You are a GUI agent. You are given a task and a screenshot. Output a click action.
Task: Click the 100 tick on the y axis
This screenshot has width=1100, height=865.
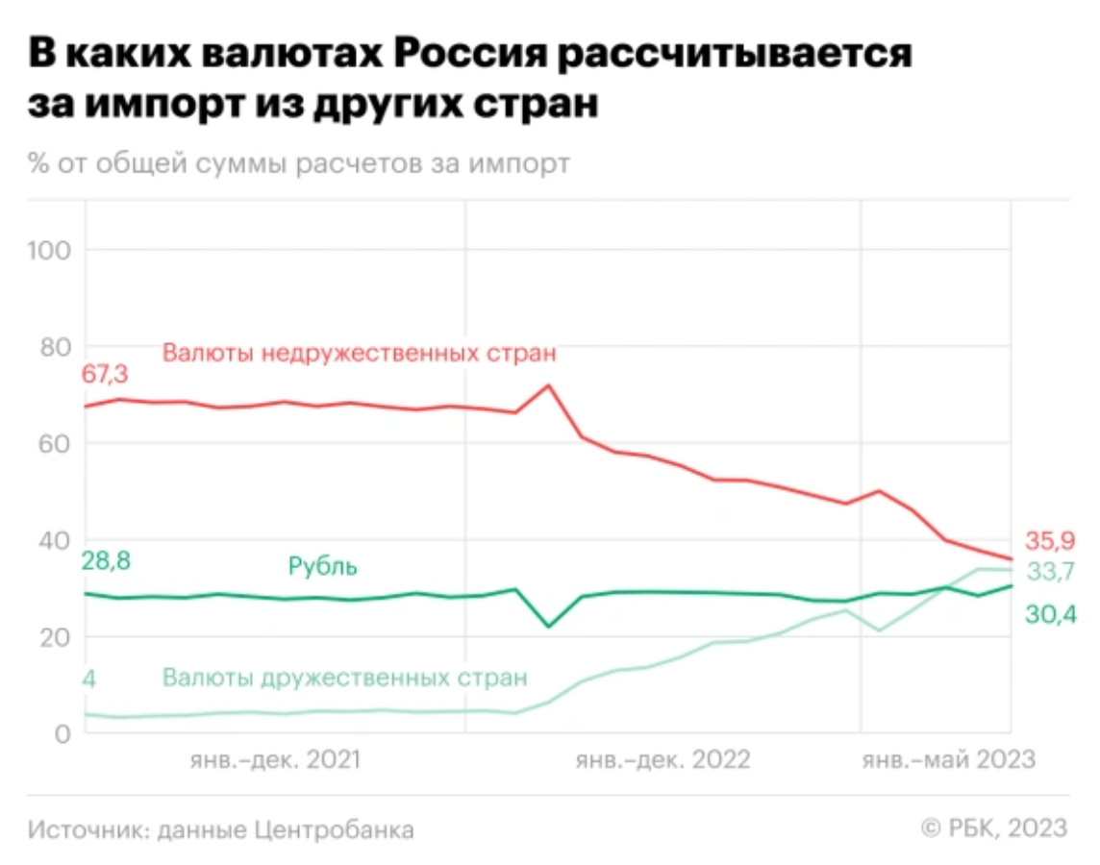(x=51, y=251)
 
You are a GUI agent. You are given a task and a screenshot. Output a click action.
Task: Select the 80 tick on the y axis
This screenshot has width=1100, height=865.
(x=57, y=347)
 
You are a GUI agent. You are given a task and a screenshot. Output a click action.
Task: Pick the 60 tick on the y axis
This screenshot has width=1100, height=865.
(x=57, y=444)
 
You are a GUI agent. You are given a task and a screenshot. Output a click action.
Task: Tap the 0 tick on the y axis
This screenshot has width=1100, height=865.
(x=63, y=733)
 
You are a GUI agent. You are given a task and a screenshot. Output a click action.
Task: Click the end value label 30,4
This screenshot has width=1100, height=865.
(x=1049, y=613)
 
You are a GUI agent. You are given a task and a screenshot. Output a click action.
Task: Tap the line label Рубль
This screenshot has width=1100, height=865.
(x=323, y=567)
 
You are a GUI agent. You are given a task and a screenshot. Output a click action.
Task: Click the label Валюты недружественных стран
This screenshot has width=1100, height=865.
(x=360, y=353)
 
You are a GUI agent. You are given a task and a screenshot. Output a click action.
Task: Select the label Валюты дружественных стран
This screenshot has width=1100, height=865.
(x=345, y=678)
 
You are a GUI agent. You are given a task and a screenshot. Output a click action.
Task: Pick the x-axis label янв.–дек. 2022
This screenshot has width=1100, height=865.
(x=662, y=760)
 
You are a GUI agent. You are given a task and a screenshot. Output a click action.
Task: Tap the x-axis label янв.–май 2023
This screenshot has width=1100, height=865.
(x=948, y=760)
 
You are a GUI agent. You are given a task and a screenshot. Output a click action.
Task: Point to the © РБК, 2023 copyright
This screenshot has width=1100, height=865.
(x=994, y=828)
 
